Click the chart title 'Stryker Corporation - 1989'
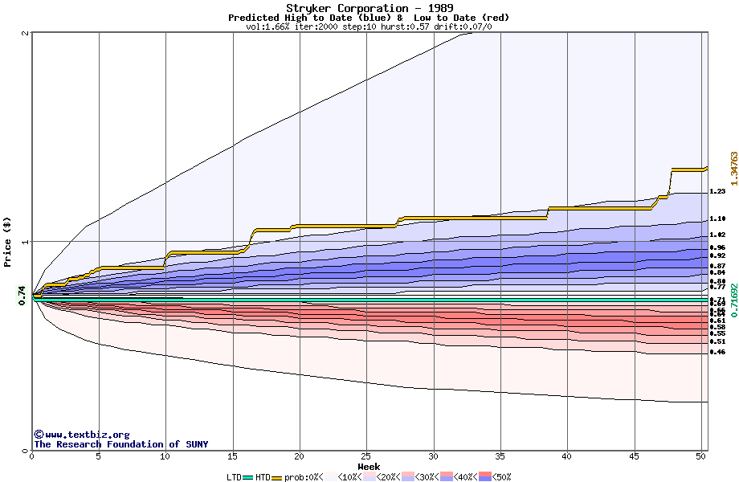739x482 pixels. point(369,8)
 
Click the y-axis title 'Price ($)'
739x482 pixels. point(8,241)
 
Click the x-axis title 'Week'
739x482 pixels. point(369,467)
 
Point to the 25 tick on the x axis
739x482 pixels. point(366,456)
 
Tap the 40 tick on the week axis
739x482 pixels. point(567,456)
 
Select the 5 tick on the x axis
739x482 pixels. point(98,456)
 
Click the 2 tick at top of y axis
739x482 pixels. point(26,34)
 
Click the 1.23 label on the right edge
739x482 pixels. point(717,192)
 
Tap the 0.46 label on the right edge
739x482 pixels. point(717,352)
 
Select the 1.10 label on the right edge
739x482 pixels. point(717,219)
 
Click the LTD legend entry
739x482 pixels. point(235,477)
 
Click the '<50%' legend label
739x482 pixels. point(500,477)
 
